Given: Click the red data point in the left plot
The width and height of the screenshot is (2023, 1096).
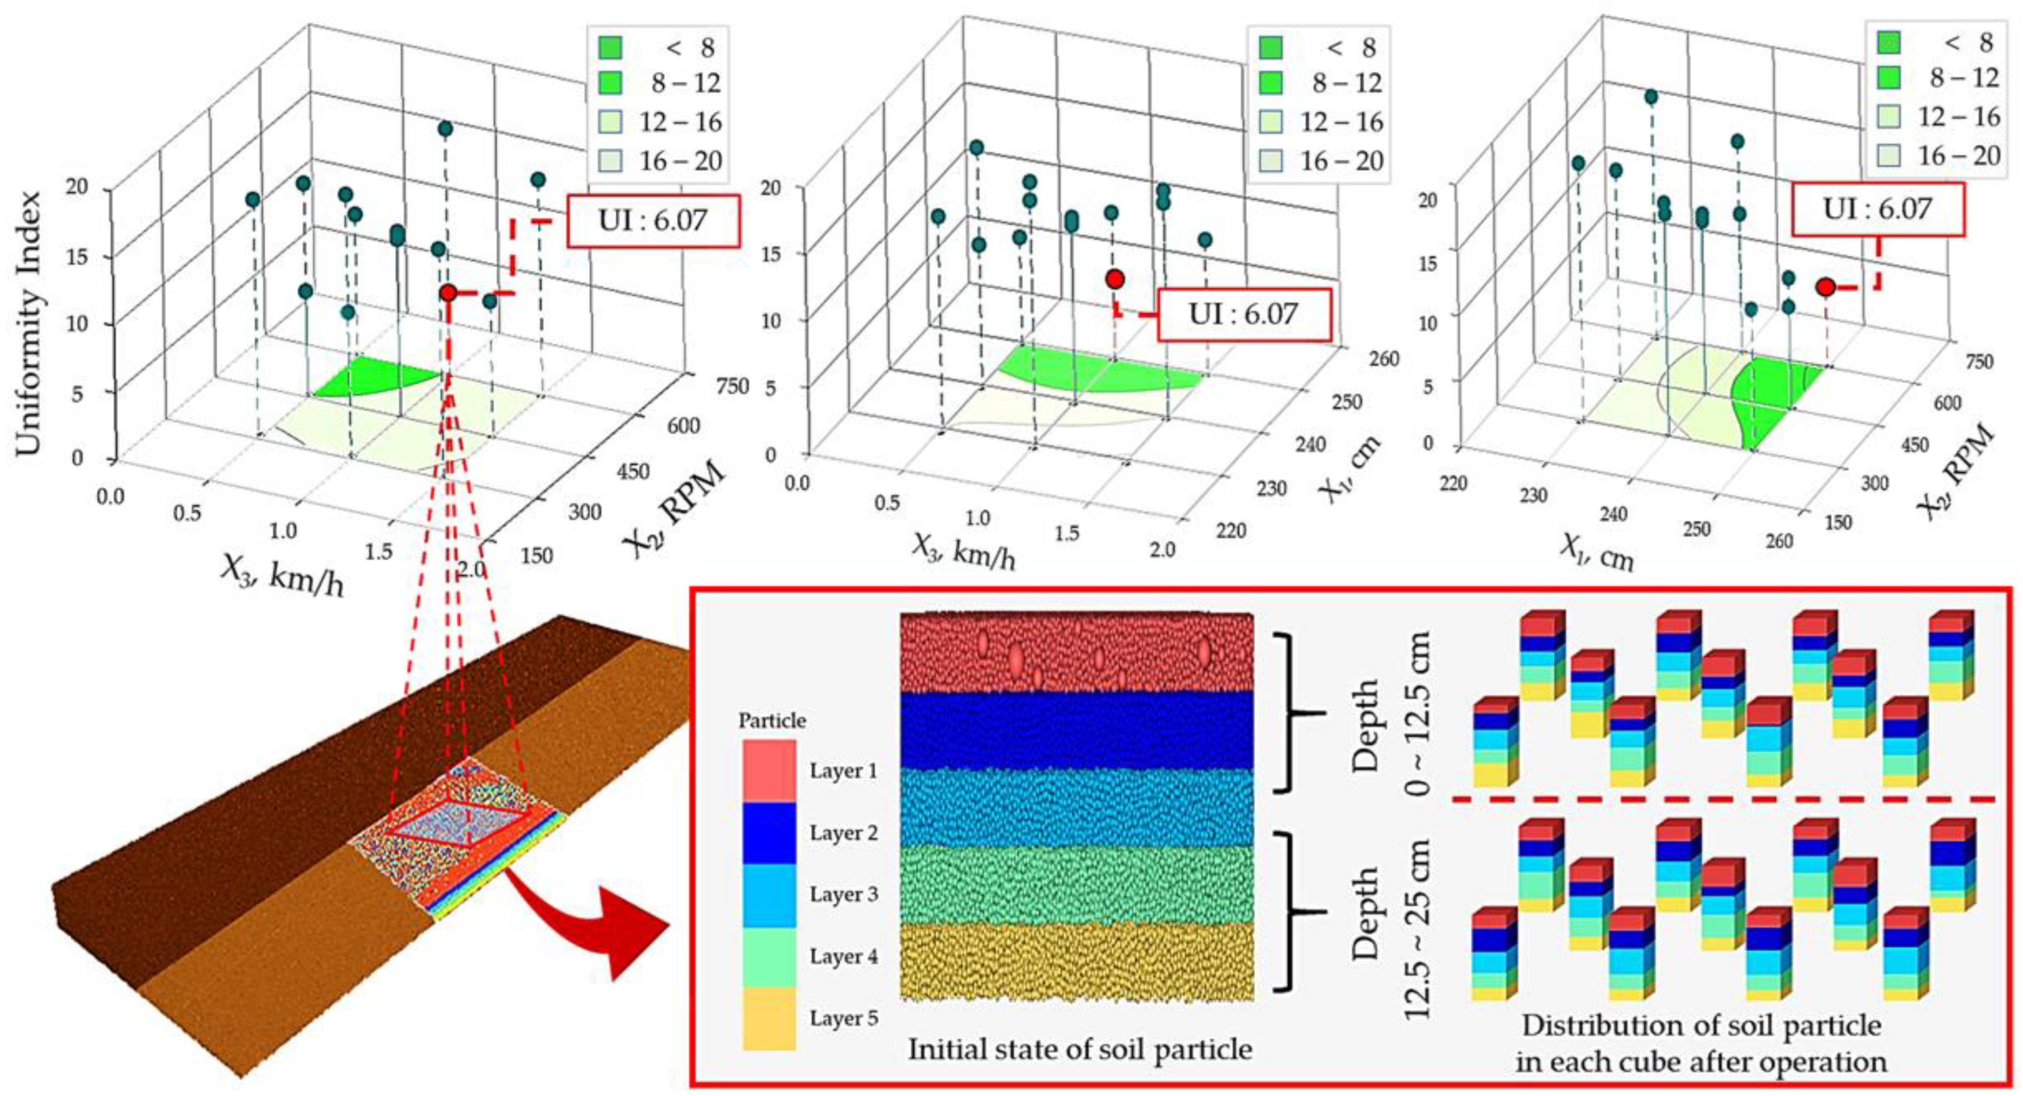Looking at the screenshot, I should pos(448,293).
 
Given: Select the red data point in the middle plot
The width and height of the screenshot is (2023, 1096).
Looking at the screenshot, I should pos(1115,279).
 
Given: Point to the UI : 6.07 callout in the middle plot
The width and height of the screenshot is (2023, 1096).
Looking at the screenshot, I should pos(1244,314).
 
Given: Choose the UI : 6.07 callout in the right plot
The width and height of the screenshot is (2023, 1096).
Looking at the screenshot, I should pos(1877,209).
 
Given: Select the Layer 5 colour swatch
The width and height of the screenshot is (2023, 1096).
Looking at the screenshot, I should pos(769,1018).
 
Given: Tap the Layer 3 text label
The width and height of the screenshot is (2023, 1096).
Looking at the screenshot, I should pos(843,894).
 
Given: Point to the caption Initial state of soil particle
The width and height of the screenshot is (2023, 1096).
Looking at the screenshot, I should pos(1080,1049).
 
